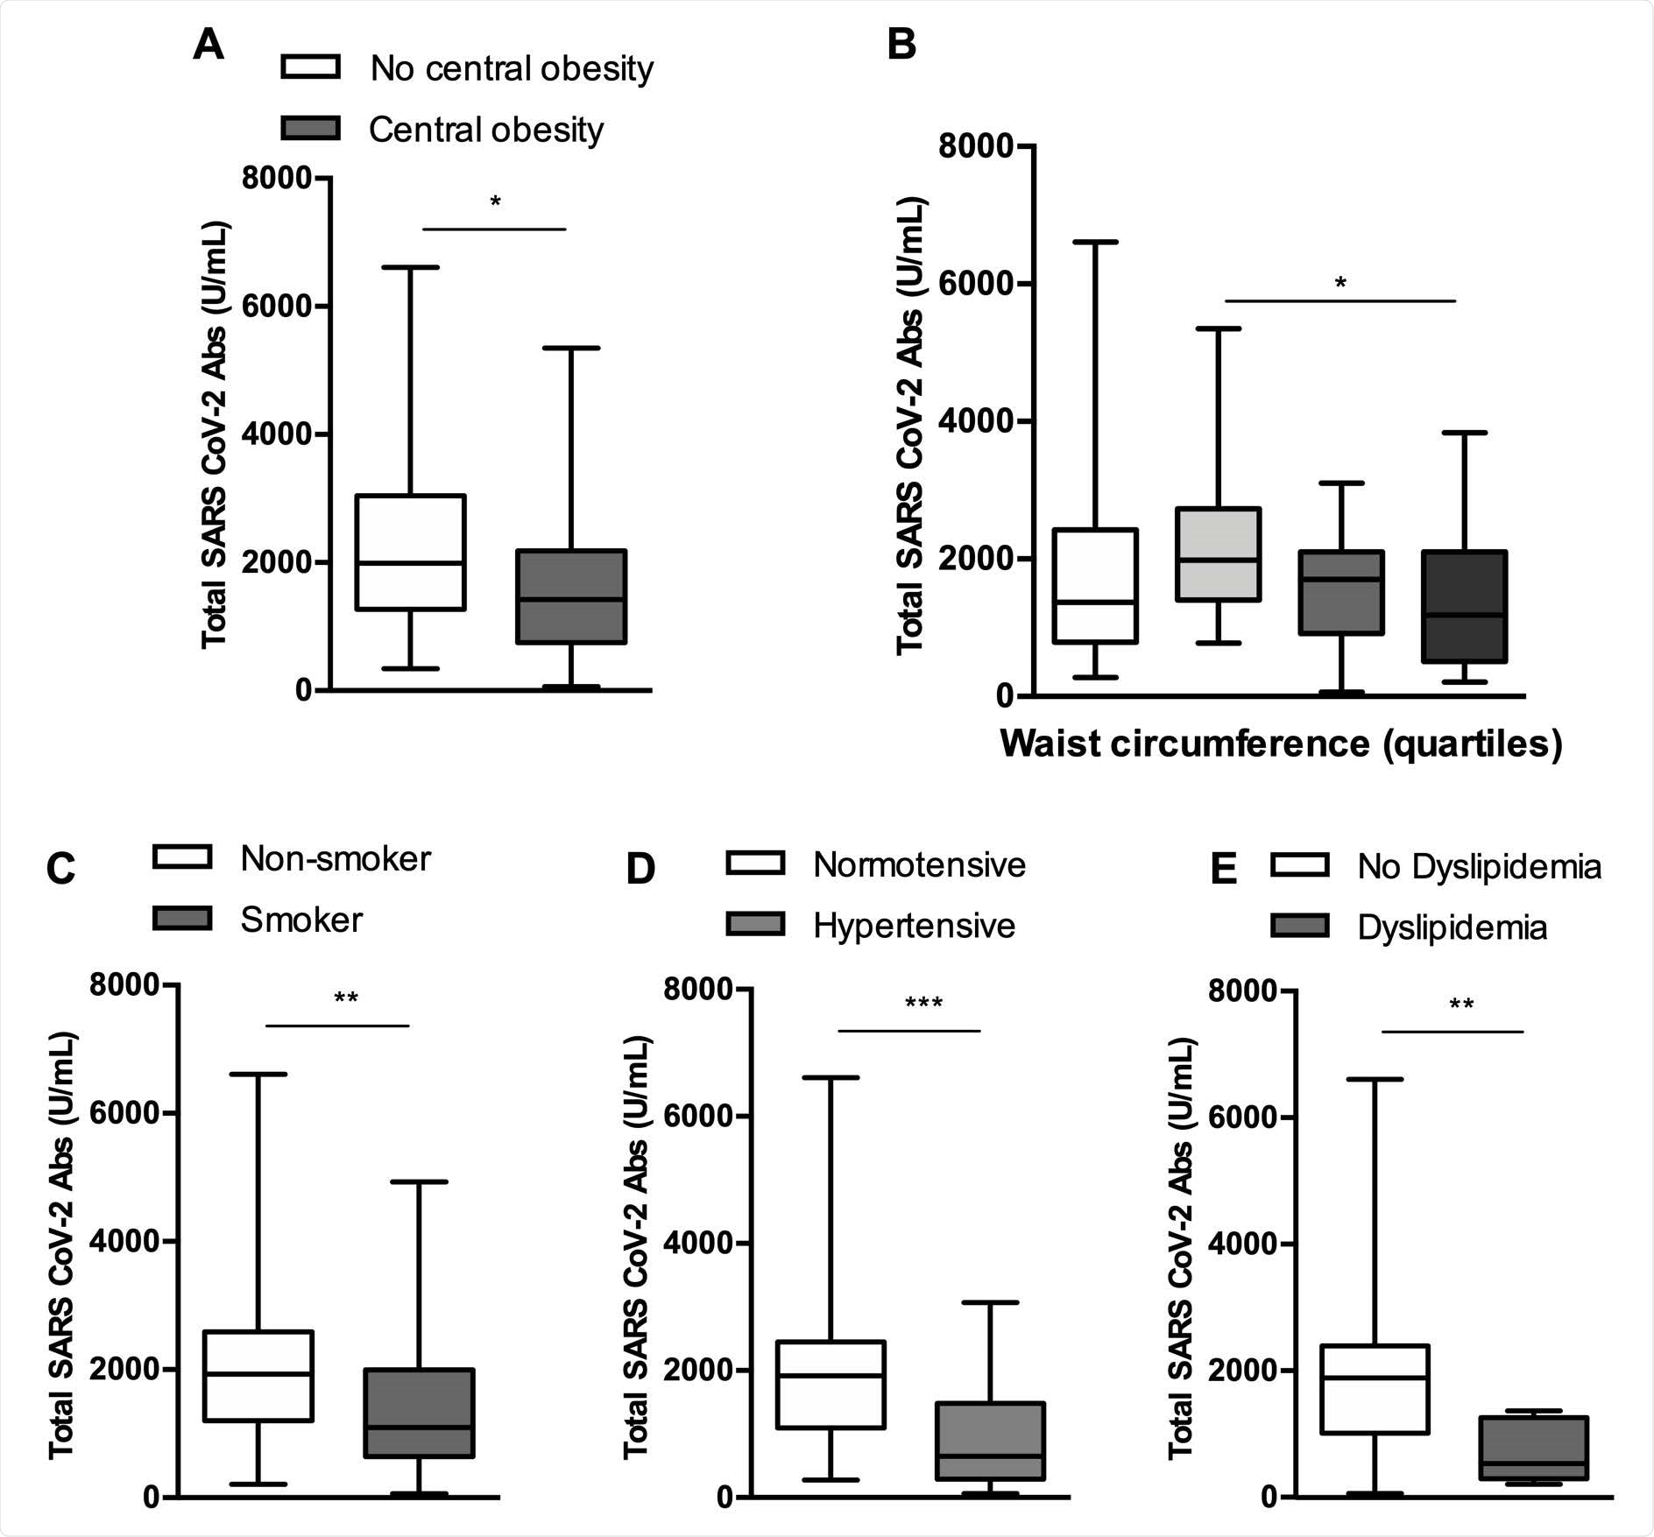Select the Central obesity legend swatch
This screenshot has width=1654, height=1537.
310,128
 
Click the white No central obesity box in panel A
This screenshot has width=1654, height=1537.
410,552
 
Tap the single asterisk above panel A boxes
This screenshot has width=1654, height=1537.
495,203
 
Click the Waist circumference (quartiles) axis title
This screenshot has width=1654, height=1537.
1280,744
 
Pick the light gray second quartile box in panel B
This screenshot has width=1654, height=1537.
1218,553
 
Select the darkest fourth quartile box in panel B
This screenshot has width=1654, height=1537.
1464,606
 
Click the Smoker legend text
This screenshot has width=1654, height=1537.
301,920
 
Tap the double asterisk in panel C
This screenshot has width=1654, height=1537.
346,999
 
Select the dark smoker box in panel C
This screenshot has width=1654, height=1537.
419,1425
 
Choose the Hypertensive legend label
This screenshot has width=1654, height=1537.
914,926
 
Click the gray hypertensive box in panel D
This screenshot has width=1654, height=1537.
990,1441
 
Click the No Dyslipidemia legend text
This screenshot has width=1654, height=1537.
1479,867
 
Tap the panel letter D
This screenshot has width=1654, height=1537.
640,869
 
